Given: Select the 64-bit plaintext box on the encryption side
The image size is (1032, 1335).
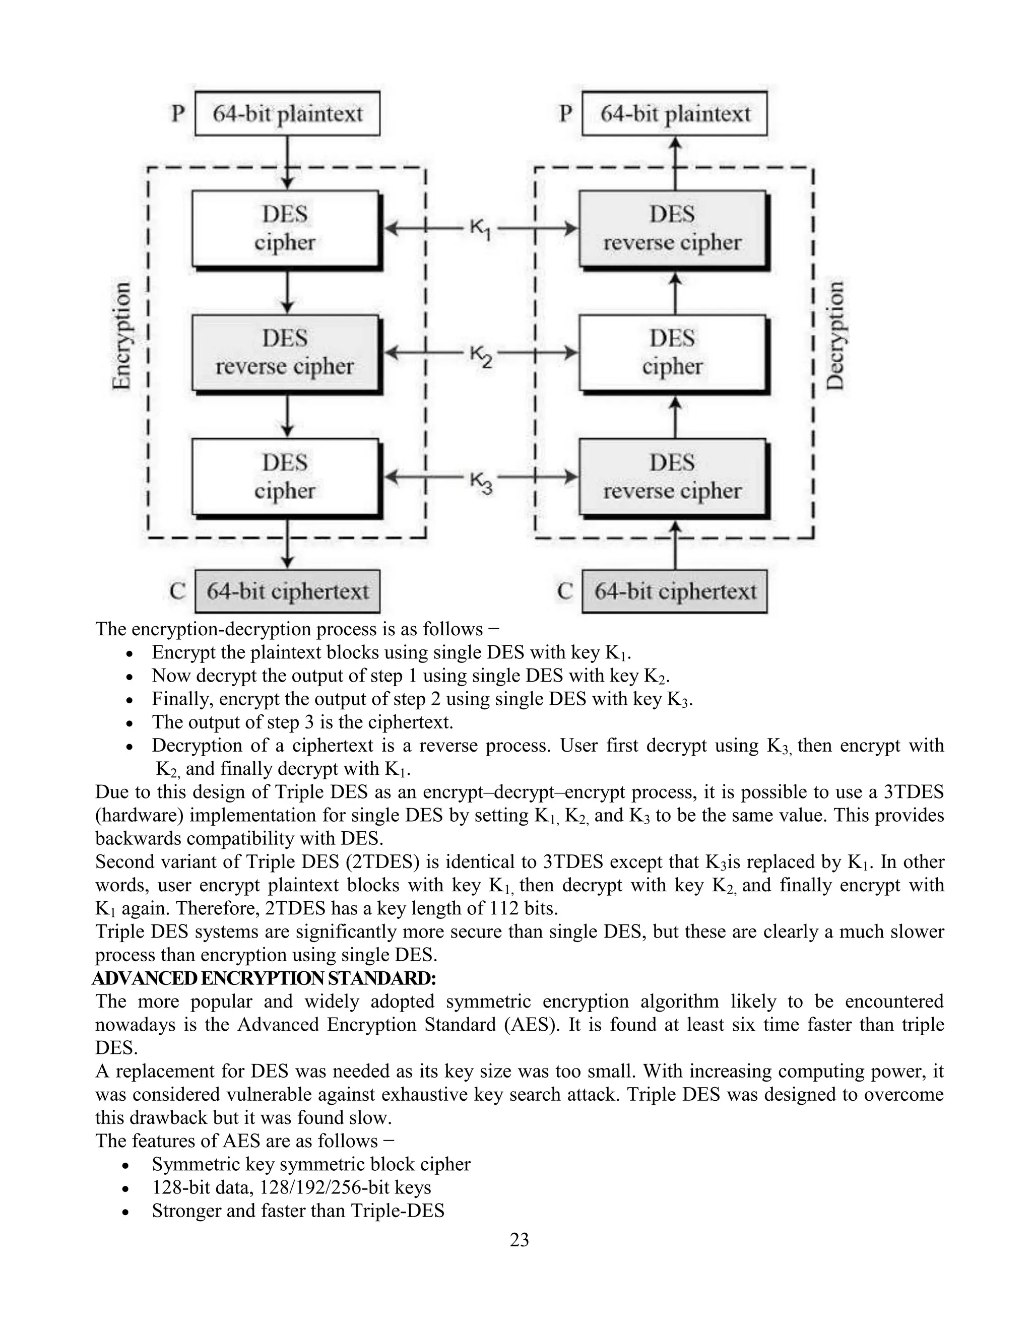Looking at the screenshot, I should tap(287, 114).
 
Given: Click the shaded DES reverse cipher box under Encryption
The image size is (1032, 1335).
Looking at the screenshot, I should tap(285, 353).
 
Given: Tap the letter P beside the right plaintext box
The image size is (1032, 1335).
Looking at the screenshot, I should tap(565, 114).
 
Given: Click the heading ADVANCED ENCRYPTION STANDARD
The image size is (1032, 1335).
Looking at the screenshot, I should tap(264, 979).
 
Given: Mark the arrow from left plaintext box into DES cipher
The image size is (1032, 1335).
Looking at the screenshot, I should tap(287, 163).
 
